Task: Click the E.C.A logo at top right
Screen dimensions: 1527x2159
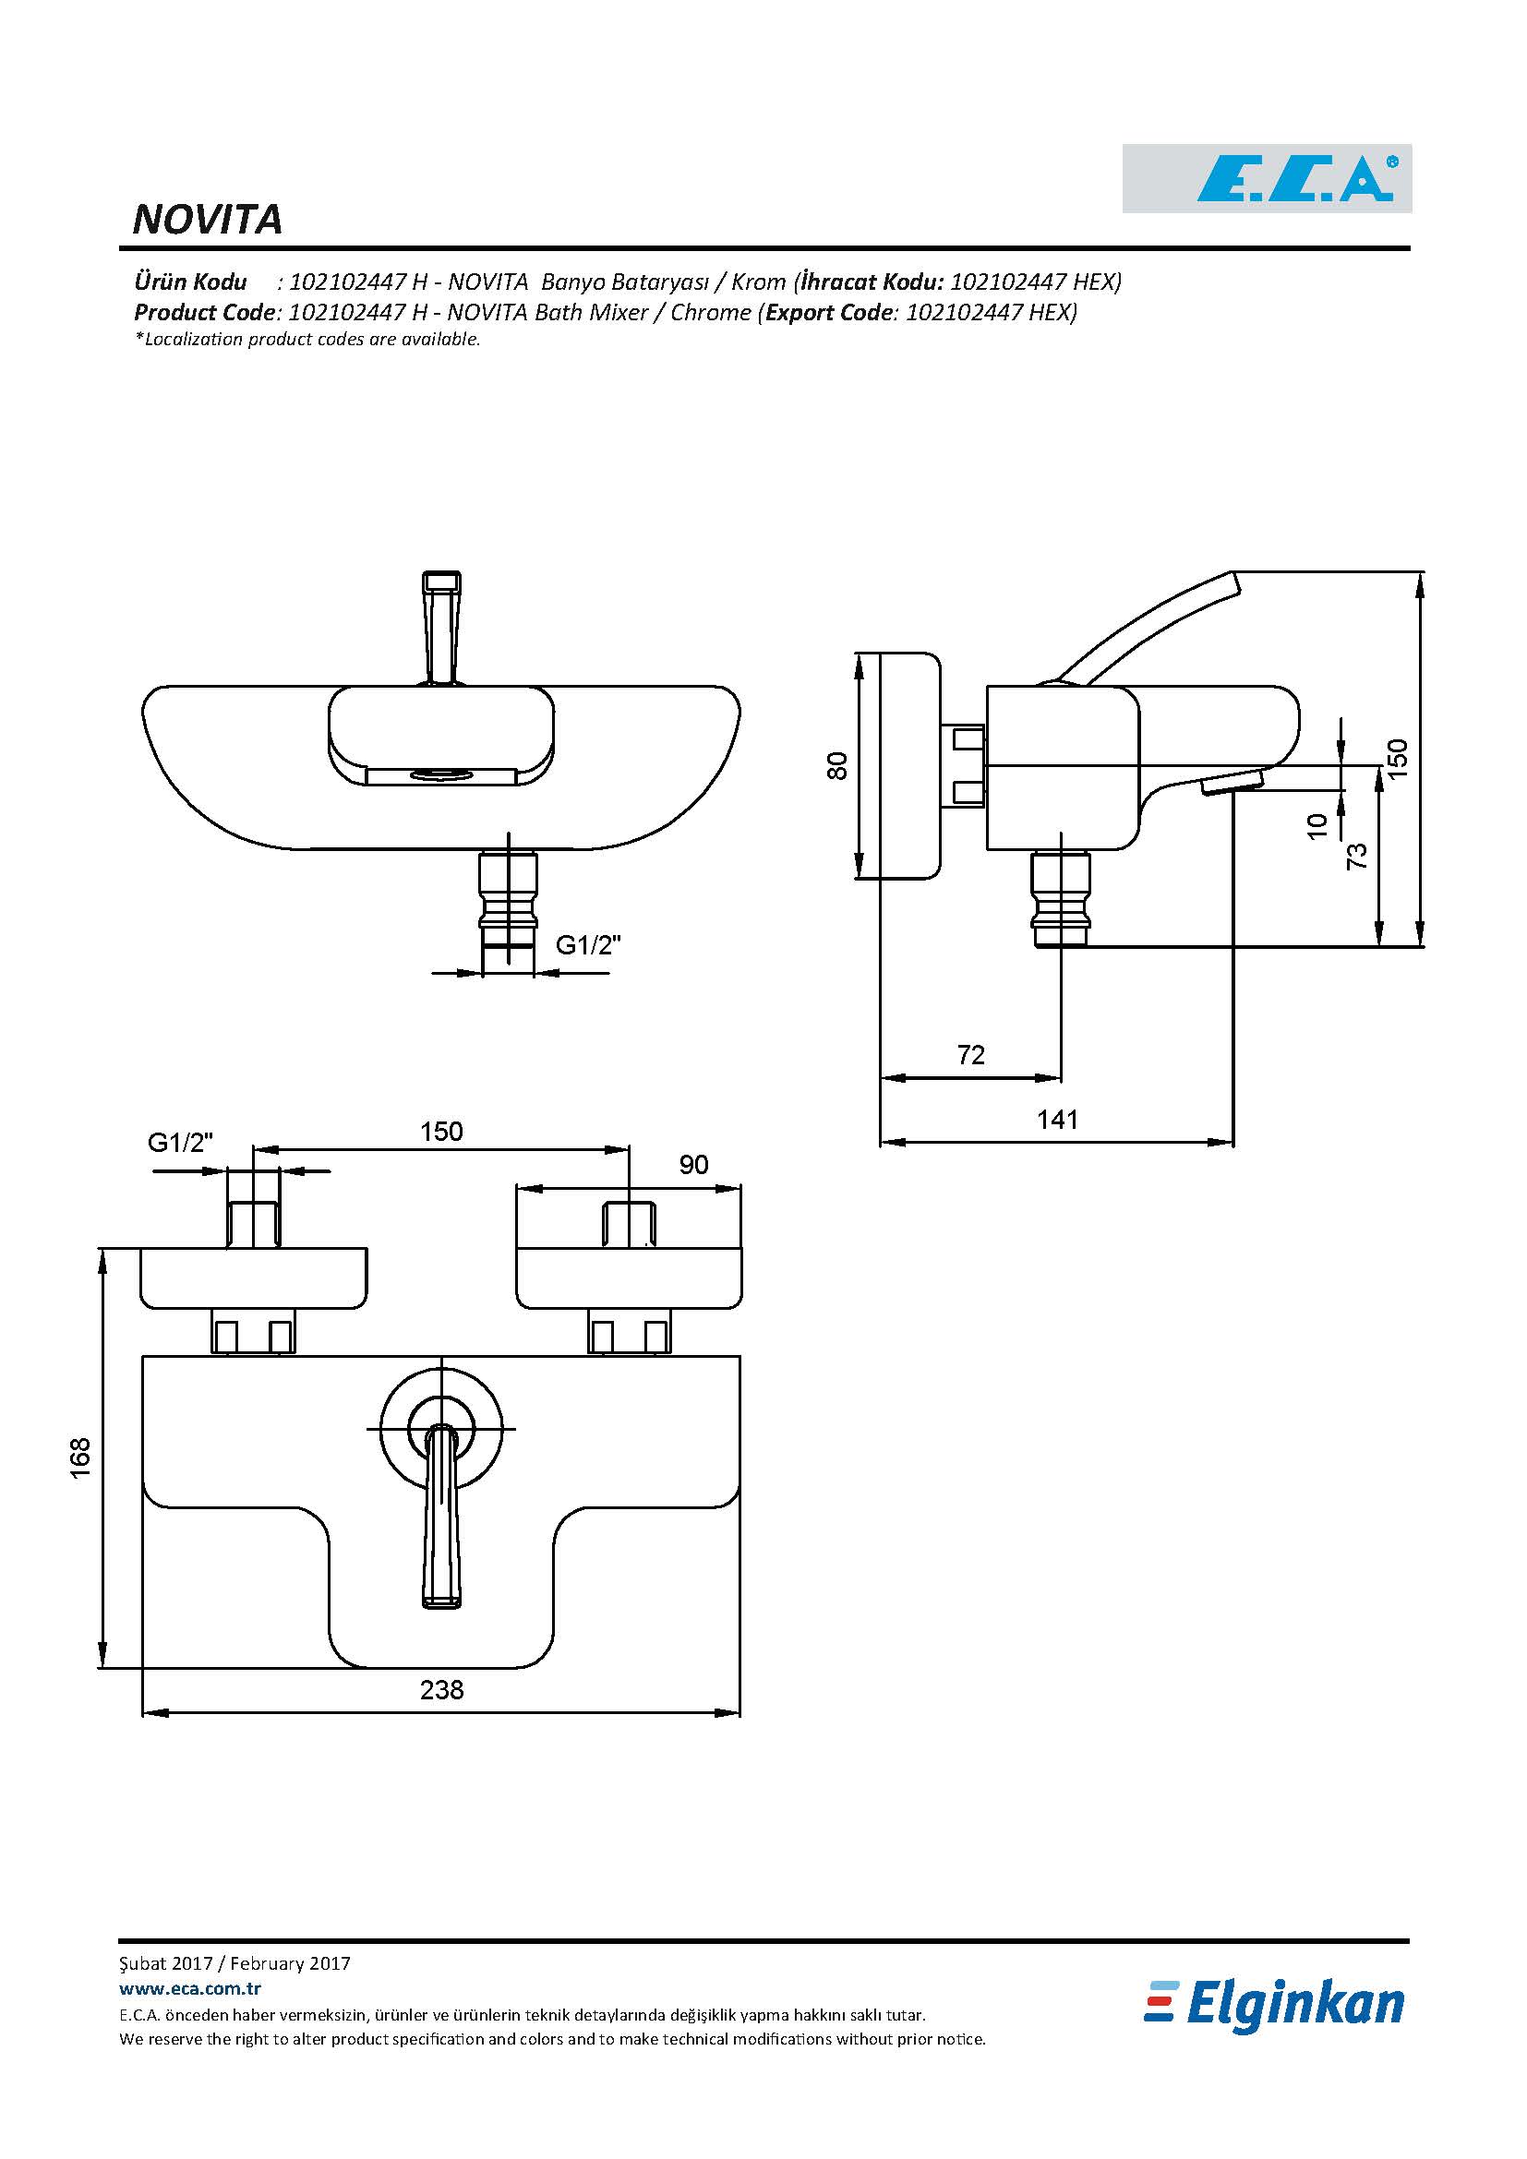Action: [1267, 179]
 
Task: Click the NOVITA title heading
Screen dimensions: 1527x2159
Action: [208, 220]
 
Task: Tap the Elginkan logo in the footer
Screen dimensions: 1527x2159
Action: [1275, 2006]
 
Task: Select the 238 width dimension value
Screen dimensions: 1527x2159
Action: [442, 1690]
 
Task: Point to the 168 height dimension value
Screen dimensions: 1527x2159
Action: [81, 1457]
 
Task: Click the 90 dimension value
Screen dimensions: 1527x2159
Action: [694, 1165]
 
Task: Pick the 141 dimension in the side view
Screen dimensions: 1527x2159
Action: [1057, 1119]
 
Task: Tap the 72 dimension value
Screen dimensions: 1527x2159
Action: [971, 1055]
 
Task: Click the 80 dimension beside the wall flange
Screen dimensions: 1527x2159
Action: [836, 765]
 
